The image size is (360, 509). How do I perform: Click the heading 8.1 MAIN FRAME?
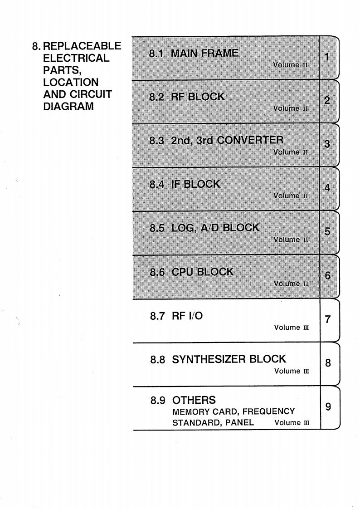pos(194,53)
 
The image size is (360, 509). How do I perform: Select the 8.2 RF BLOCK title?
pos(187,97)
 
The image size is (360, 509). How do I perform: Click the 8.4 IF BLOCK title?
pos(185,184)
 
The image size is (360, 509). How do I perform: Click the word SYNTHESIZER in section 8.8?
pos(210,359)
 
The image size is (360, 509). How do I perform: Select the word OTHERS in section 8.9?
pos(194,400)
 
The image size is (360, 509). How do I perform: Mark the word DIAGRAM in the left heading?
pos(68,107)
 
